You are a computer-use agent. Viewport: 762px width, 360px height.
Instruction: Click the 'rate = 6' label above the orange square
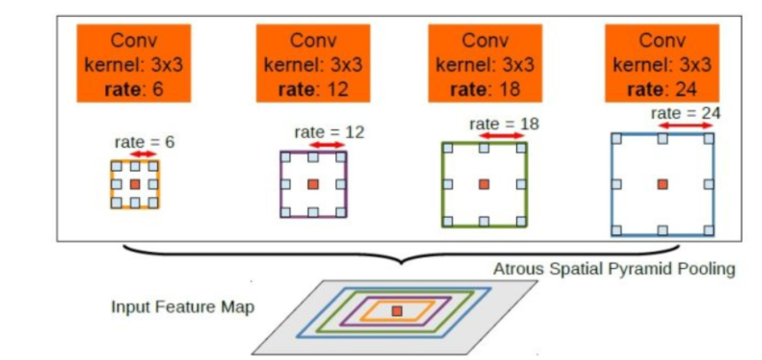click(144, 142)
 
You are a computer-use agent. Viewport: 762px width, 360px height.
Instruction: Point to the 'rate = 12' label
click(329, 132)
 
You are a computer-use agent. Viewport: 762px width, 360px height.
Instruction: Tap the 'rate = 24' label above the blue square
click(685, 113)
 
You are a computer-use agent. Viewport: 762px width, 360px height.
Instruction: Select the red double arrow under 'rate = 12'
click(329, 144)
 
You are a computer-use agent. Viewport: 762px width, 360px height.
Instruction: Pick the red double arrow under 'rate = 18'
click(503, 135)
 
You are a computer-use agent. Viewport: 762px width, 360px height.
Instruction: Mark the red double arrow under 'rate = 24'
click(685, 126)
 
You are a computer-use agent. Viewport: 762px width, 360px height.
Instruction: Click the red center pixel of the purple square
click(314, 184)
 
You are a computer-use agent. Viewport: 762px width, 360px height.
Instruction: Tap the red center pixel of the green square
click(484, 184)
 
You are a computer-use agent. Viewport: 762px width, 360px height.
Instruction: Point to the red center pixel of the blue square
click(662, 183)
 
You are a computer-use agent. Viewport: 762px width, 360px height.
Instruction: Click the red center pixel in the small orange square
click(134, 184)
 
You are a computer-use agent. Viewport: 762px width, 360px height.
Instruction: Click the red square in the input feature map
click(397, 310)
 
